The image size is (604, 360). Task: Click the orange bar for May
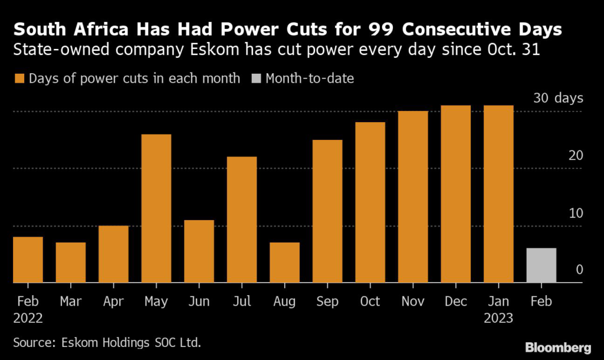[156, 209]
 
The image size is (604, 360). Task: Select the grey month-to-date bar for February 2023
[541, 266]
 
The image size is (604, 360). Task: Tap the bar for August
[284, 263]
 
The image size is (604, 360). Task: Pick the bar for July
[242, 220]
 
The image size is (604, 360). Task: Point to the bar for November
[413, 197]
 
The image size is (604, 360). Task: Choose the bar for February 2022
[28, 260]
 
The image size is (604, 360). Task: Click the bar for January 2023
[498, 194]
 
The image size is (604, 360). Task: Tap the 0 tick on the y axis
[579, 270]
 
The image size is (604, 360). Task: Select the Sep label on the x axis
[327, 301]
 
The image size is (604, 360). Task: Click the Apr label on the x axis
[113, 301]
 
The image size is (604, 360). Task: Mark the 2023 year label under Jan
[498, 318]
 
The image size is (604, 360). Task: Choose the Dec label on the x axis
[455, 301]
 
